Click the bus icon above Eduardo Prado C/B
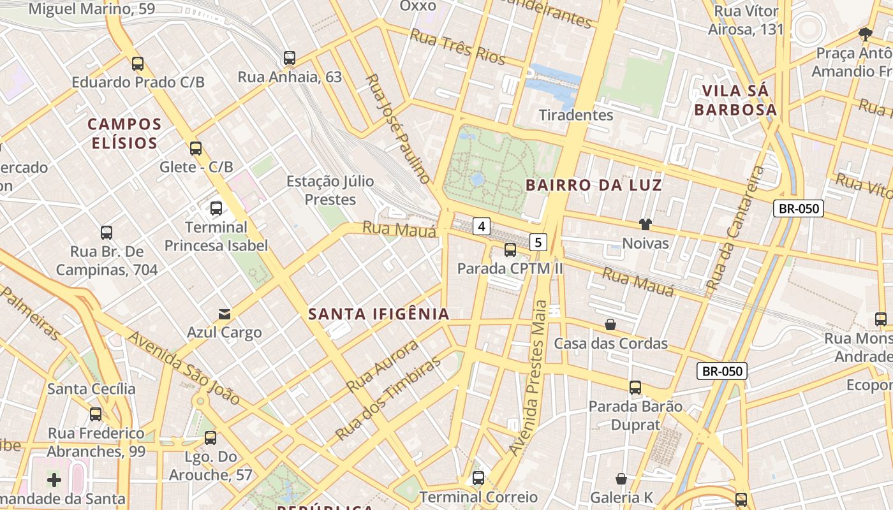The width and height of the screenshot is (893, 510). coord(138,63)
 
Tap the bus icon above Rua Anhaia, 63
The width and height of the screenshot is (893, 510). coord(290,58)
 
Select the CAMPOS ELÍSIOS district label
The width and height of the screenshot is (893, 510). coord(124,133)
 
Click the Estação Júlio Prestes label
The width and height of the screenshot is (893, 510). coord(330,190)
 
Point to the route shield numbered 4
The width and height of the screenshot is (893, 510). coord(482,226)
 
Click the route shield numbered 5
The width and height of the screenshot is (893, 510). coord(539,242)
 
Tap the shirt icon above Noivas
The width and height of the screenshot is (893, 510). coord(646,224)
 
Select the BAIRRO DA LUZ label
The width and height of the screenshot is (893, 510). coord(594,186)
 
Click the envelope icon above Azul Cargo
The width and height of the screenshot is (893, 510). coord(225,314)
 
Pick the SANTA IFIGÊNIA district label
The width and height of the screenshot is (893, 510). coord(379,314)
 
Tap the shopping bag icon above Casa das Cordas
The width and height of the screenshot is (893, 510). coord(610,324)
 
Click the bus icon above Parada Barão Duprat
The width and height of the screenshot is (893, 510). coord(635,387)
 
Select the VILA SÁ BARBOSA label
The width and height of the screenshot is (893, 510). coord(735,100)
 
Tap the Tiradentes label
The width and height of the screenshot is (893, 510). coord(576,115)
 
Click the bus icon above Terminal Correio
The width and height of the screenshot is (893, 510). coord(478,477)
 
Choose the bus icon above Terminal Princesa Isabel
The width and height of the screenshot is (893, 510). coord(216,208)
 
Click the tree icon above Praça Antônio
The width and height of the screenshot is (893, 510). coord(865,34)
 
